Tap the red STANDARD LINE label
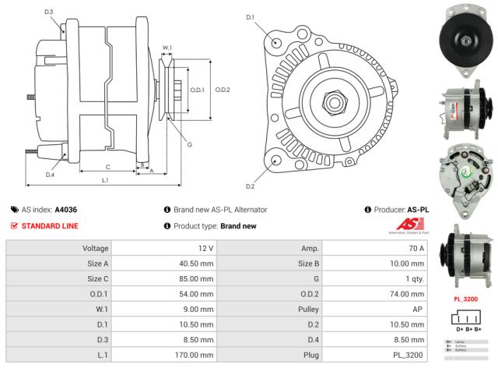[49, 226]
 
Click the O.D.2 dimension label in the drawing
[223, 90]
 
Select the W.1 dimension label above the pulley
[167, 48]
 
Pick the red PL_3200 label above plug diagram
[465, 299]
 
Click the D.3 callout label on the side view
[49, 12]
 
